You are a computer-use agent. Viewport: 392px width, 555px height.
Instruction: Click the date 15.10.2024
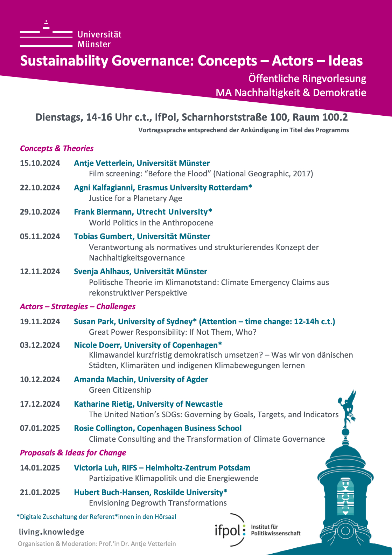click(x=40, y=163)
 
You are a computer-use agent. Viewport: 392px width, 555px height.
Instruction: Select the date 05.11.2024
click(x=40, y=236)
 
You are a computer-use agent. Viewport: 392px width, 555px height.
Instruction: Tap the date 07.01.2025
click(x=40, y=428)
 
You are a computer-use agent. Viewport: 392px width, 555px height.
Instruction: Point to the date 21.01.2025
click(x=40, y=492)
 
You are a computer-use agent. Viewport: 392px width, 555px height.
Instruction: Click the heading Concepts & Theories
click(x=57, y=148)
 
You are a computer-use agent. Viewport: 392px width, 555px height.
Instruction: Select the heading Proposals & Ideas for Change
click(x=73, y=453)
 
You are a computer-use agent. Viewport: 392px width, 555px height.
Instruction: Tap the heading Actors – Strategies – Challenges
click(x=77, y=306)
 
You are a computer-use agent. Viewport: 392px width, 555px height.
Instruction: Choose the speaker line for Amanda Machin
click(x=141, y=379)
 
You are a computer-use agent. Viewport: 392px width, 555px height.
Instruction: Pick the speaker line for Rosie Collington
click(x=157, y=428)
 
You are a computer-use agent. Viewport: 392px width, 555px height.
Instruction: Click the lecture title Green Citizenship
click(x=120, y=390)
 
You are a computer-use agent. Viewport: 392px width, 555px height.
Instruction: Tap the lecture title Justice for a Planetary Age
click(x=135, y=198)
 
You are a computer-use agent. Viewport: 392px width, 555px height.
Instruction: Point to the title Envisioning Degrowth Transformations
click(x=158, y=503)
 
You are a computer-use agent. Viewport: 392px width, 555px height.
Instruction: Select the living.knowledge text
click(x=51, y=532)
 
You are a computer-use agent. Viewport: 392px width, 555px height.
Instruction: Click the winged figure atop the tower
click(x=348, y=407)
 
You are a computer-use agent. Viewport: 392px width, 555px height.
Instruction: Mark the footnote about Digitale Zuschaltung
click(x=96, y=517)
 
